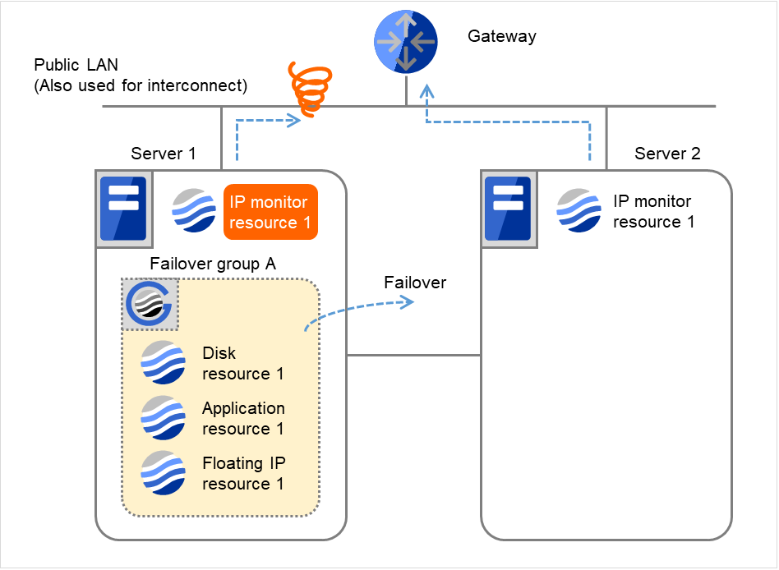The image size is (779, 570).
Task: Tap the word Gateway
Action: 501,36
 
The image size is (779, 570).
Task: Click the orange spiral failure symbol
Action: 309,89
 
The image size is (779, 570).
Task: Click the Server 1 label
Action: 164,154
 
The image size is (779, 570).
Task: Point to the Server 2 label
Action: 667,154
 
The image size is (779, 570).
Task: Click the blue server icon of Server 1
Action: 122,209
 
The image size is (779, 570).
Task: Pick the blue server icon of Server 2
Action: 507,209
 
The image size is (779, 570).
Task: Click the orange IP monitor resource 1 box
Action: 270,212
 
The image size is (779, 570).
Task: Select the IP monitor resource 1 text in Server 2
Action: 653,211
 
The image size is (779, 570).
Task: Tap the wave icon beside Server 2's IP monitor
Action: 579,211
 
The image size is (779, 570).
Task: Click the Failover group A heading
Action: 213,264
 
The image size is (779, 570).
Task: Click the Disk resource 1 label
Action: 242,363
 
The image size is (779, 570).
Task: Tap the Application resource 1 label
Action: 243,418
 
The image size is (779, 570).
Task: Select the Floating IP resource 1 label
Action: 243,473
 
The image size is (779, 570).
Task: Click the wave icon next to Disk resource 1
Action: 163,362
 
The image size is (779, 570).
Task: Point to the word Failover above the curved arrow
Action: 415,283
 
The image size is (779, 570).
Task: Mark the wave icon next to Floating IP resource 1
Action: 163,473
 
